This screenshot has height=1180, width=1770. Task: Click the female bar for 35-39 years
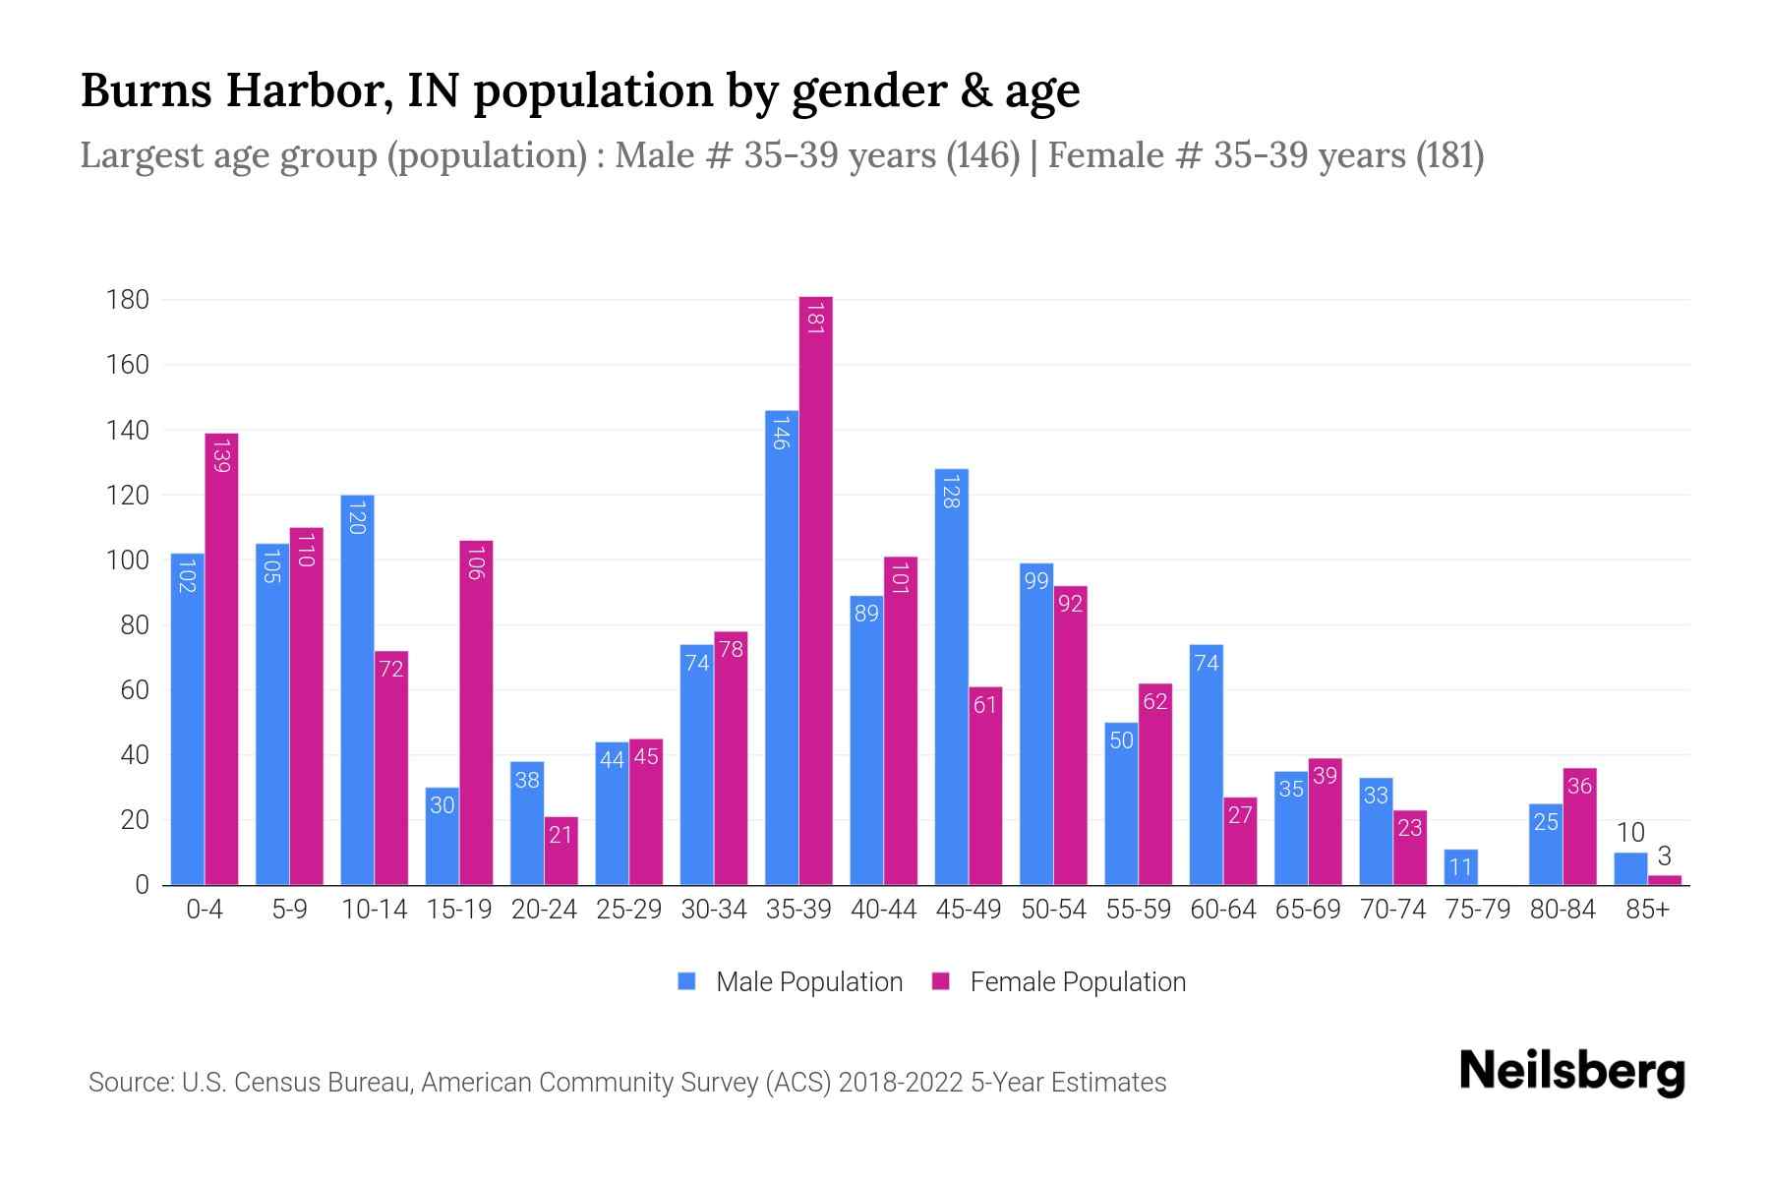point(815,590)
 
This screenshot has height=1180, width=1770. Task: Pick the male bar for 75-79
point(1460,867)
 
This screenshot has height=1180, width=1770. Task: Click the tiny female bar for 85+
point(1665,880)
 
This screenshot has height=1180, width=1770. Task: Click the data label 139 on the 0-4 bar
point(221,455)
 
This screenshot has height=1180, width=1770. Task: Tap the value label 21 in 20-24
point(560,835)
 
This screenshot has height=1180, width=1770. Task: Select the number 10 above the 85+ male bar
point(1630,833)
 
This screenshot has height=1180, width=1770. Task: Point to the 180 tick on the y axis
point(128,300)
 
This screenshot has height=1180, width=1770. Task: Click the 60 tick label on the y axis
point(135,690)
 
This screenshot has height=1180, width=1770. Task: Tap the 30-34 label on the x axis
point(714,910)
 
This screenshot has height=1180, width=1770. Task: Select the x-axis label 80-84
point(1563,910)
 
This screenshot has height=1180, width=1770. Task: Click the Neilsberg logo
point(1571,1072)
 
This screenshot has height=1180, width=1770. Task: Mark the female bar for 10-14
point(391,767)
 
